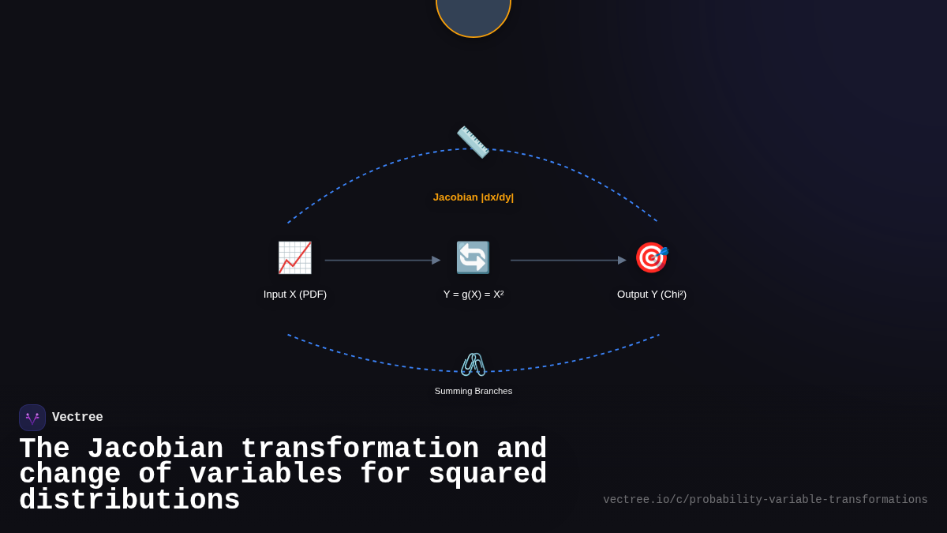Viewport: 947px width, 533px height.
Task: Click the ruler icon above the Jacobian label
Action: (x=473, y=142)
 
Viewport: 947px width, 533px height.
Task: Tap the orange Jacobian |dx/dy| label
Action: (x=473, y=197)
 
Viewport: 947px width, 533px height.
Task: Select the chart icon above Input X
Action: (x=294, y=257)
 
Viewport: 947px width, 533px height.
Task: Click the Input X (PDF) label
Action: (x=295, y=295)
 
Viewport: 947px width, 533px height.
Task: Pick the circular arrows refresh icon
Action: (x=473, y=257)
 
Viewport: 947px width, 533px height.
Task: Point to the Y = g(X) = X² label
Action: (x=473, y=295)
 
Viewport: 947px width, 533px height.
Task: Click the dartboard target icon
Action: (x=652, y=257)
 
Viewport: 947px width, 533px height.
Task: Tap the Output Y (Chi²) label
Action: (x=652, y=295)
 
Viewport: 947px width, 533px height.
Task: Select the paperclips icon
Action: (x=473, y=364)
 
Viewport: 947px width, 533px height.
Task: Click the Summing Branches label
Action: (x=473, y=391)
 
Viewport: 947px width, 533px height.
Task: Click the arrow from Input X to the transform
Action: (x=382, y=261)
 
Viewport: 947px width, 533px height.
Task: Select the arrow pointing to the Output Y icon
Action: (x=567, y=261)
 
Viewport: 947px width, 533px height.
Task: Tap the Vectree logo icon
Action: (x=32, y=418)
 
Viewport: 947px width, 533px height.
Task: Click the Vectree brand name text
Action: (x=77, y=418)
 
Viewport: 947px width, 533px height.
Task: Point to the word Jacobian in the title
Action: (x=155, y=449)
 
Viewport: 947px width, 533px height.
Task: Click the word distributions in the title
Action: (x=129, y=501)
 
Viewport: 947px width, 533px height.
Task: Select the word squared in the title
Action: (x=487, y=475)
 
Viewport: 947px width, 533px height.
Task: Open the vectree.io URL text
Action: (x=765, y=500)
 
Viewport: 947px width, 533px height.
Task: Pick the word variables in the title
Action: (x=265, y=475)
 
